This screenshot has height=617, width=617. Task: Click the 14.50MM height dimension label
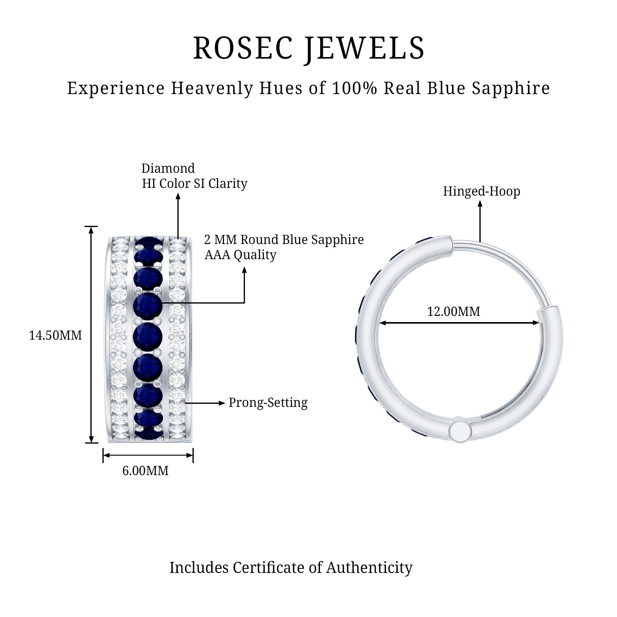55,336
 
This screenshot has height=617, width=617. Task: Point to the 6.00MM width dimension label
145,471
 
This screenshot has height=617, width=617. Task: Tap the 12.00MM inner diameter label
453,312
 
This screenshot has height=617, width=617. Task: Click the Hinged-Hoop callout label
481,192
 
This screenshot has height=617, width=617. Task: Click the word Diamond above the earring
168,169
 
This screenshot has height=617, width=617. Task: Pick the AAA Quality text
240,255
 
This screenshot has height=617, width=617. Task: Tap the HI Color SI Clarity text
194,184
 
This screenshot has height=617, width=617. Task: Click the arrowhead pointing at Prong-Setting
222,403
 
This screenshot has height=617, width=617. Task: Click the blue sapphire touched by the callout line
148,305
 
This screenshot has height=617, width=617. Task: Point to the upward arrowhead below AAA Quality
244,270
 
